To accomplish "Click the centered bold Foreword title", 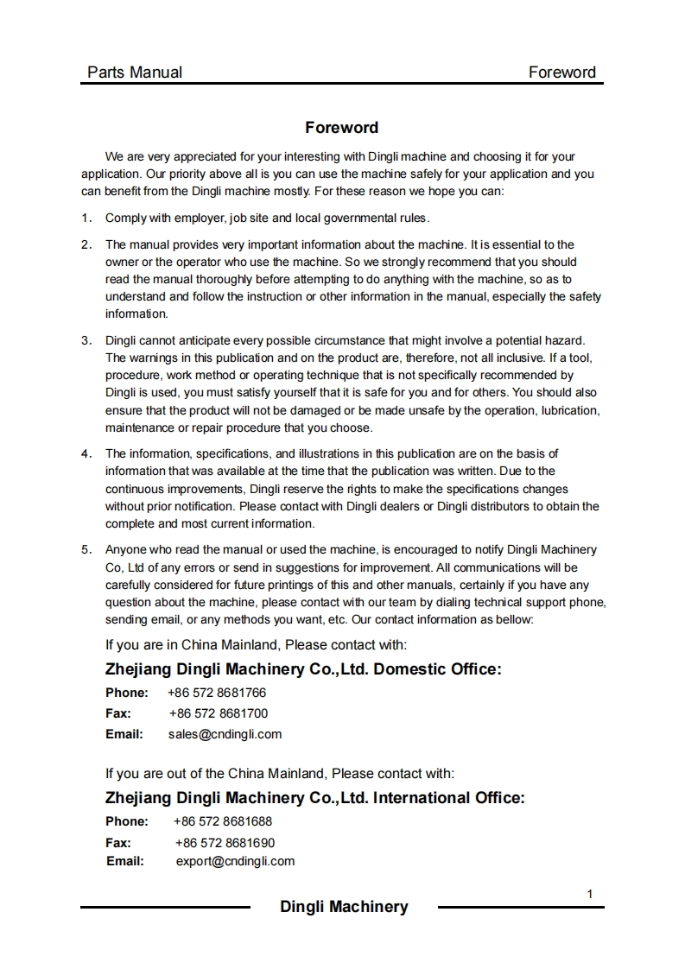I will (x=341, y=128).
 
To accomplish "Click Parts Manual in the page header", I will (x=135, y=73).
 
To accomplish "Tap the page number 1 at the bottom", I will (x=590, y=894).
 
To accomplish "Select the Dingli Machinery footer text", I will (x=344, y=907).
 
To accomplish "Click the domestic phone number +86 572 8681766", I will (x=217, y=693).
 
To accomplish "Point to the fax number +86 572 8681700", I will (x=218, y=713).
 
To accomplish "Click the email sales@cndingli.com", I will (x=225, y=734).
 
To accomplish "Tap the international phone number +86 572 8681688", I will (x=223, y=821).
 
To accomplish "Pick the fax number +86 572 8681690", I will (x=225, y=842).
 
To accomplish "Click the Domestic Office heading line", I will (x=303, y=669).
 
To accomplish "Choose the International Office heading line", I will (x=314, y=798).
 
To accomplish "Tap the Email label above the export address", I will (x=124, y=861).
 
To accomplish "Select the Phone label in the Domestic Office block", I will (x=127, y=693).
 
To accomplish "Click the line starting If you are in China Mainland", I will (x=256, y=645).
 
